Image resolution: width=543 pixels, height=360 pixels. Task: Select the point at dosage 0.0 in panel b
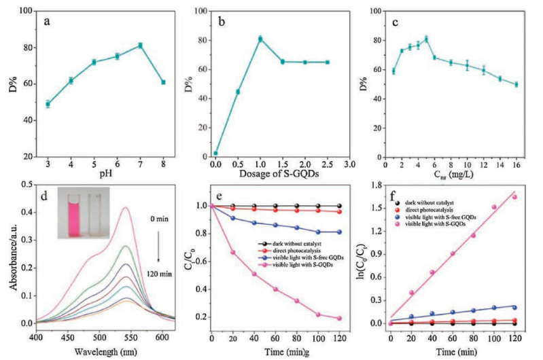point(215,153)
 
